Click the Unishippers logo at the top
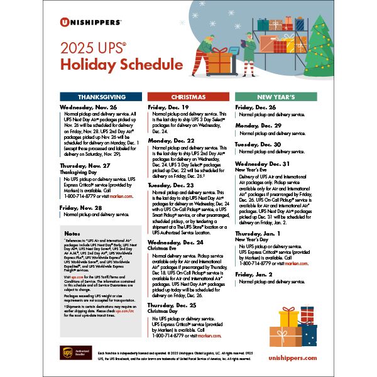[91, 21]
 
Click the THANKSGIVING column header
[101, 97]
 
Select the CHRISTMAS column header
[188, 97]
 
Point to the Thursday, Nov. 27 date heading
[85, 165]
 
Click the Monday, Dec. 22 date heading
[171, 140]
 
